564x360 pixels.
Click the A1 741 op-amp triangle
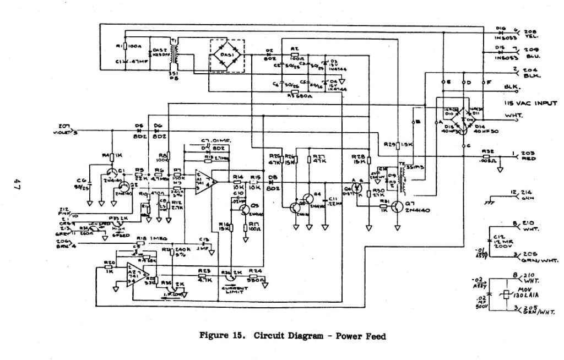pyautogui.click(x=205, y=181)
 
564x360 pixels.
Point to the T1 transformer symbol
pyautogui.click(x=176, y=54)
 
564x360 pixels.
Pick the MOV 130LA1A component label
pyautogui.click(x=529, y=293)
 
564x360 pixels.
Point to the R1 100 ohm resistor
pyautogui.click(x=126, y=47)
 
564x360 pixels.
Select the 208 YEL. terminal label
pyautogui.click(x=532, y=33)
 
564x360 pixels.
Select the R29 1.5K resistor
pyautogui.click(x=397, y=144)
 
